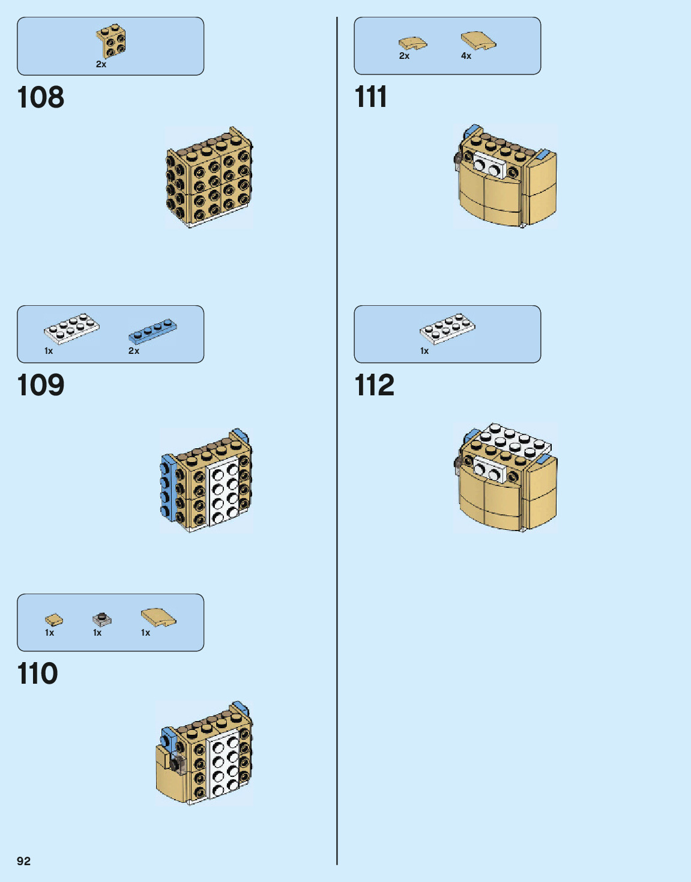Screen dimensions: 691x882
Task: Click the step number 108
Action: tap(40, 97)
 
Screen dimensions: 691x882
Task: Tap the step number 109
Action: tap(40, 385)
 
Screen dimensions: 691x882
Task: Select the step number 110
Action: tap(37, 674)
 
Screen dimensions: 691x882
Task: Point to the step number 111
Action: tap(370, 97)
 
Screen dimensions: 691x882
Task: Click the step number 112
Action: tap(374, 385)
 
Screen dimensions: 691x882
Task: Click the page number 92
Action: tap(23, 861)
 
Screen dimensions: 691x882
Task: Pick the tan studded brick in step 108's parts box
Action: tap(111, 41)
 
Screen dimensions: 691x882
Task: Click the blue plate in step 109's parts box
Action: tap(152, 330)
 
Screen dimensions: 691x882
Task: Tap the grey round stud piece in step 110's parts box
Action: tap(102, 619)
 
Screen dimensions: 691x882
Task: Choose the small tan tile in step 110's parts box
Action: tap(53, 619)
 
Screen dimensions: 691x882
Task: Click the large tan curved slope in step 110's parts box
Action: tap(158, 617)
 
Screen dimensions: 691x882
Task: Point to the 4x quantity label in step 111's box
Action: tap(466, 56)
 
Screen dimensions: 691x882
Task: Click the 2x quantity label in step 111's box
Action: tap(404, 56)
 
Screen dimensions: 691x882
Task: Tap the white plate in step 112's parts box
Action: tap(447, 327)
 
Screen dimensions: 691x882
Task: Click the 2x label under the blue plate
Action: tap(133, 351)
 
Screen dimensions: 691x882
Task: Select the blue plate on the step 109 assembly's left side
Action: tap(169, 487)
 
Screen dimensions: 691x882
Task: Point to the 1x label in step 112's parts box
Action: tap(424, 351)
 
